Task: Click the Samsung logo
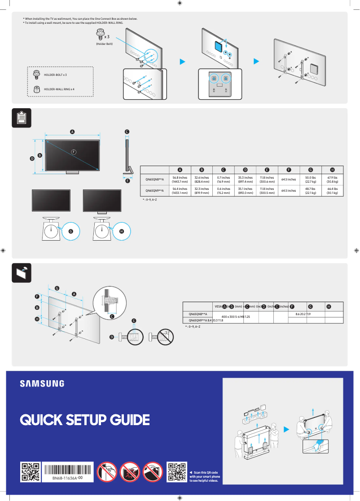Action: [42, 383]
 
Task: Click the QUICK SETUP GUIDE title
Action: [84, 420]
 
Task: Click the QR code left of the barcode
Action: [31, 472]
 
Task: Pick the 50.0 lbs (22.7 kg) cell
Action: [310, 180]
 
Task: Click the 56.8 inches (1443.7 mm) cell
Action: [180, 180]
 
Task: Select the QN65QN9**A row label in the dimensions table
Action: [154, 191]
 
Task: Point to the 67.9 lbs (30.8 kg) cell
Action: [332, 180]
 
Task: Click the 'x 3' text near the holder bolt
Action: [107, 36]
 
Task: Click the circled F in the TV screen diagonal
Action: [73, 151]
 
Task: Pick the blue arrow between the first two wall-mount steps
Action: [182, 61]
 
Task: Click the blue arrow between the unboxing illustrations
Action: [286, 430]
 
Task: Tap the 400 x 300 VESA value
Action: [232, 317]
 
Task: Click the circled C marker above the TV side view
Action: [127, 132]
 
